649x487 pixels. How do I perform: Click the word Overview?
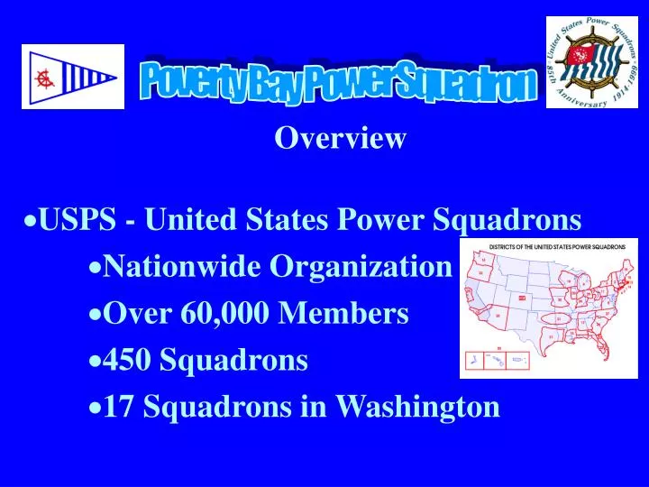coord(341,138)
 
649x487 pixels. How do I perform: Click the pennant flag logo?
coord(73,77)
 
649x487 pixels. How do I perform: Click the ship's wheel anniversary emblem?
coord(590,62)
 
